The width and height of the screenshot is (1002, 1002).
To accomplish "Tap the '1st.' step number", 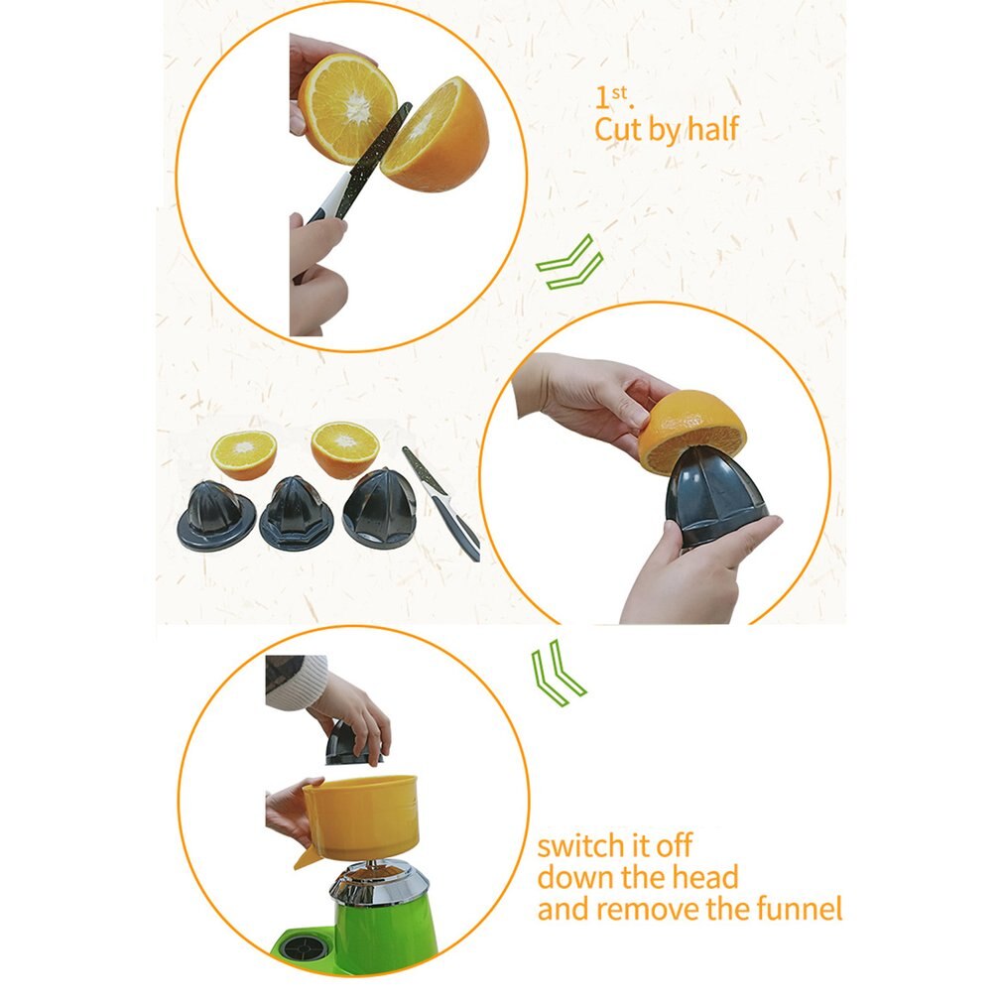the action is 613,98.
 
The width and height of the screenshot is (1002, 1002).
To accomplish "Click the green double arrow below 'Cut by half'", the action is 570,262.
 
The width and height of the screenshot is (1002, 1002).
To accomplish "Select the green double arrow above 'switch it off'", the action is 558,673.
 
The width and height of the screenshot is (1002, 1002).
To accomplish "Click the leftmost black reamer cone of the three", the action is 216,516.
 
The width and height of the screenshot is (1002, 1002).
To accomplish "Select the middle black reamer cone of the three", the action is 296,513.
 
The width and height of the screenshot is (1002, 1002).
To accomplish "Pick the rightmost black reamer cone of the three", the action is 380,509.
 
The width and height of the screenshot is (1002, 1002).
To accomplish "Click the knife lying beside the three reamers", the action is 440,504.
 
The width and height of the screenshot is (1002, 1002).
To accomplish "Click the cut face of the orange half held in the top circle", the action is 347,102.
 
